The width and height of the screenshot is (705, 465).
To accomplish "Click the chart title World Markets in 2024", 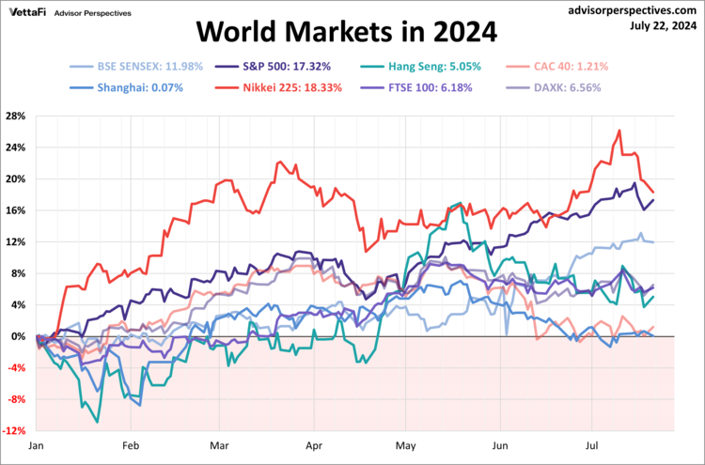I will point(345,34).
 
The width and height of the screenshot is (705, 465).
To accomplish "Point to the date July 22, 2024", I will point(663,25).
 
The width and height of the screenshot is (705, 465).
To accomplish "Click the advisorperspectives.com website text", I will point(636,9).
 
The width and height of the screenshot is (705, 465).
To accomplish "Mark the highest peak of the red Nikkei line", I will point(619,131).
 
